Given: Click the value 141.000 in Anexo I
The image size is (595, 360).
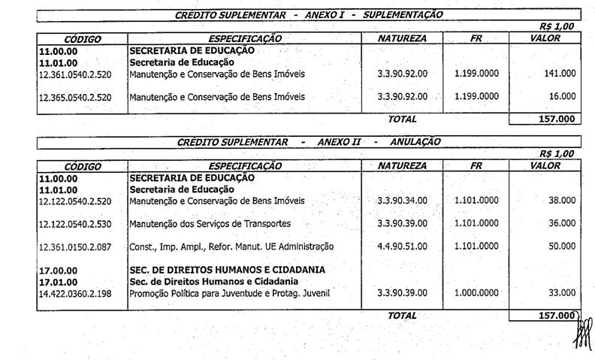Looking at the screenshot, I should [x=560, y=74].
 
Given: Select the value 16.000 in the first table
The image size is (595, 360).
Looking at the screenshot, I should [x=562, y=96].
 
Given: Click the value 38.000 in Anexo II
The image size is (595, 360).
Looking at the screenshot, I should [x=562, y=201].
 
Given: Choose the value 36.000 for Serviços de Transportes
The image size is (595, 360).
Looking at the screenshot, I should [x=562, y=223].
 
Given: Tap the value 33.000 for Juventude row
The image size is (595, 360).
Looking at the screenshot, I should [x=562, y=292].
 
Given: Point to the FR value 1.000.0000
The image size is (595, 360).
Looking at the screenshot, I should [x=476, y=292].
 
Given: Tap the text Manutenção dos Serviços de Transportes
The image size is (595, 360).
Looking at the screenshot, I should [x=210, y=224].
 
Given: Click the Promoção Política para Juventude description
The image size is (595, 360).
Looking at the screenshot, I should [x=229, y=293].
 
